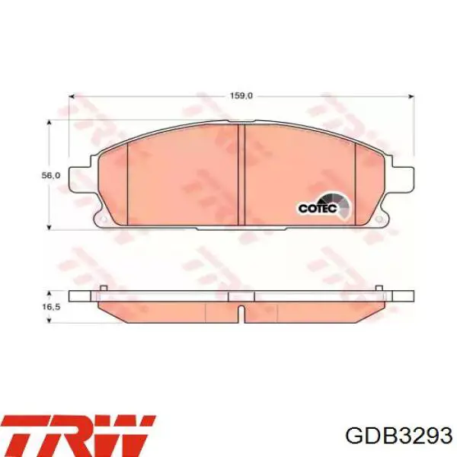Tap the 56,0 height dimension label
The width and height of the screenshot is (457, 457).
(x=50, y=175)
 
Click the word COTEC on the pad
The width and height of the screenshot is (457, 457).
(x=315, y=206)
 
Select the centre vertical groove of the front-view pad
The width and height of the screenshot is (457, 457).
(x=241, y=174)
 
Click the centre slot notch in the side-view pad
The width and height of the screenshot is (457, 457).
(x=241, y=313)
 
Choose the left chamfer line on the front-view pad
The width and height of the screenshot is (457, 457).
(x=126, y=183)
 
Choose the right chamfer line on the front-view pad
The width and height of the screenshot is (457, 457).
(x=356, y=183)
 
